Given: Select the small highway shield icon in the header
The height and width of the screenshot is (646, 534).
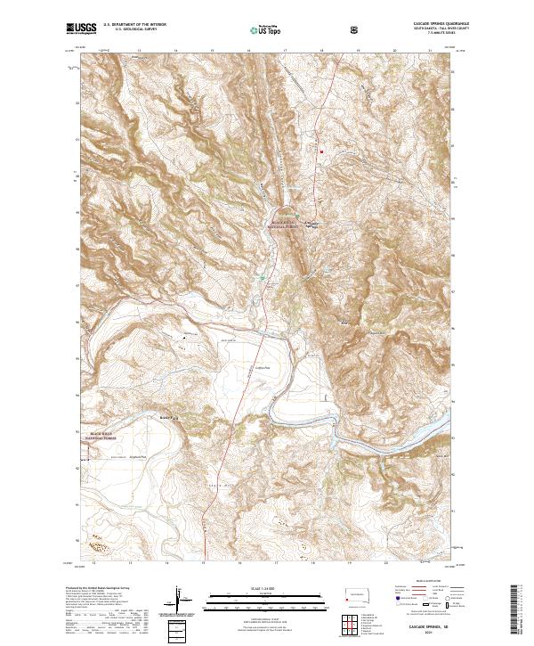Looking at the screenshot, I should (355, 29).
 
